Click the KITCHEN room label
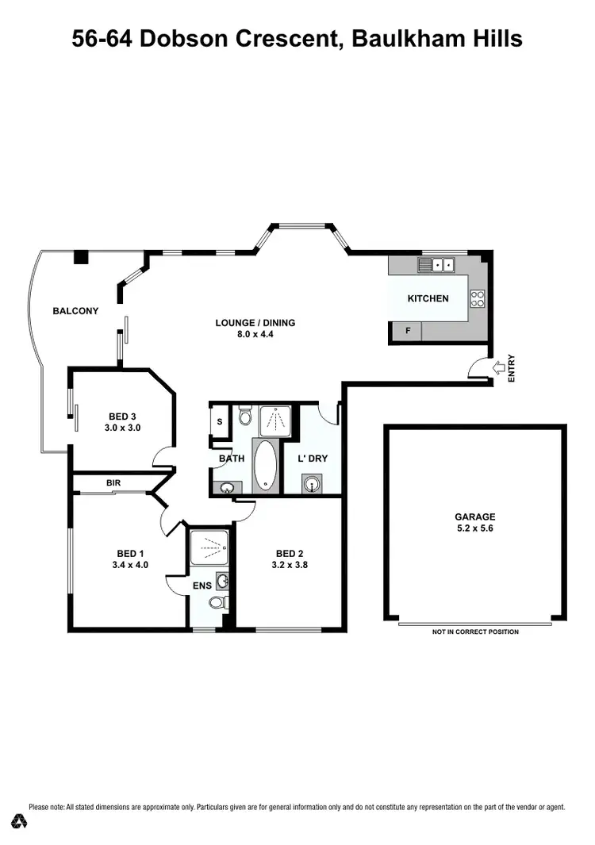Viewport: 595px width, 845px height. [428, 299]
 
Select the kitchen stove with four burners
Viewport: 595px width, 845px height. [478, 298]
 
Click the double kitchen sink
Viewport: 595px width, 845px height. [437, 264]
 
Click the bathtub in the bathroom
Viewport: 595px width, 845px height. [264, 463]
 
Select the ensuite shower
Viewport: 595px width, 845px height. [210, 547]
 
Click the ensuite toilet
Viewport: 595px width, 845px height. [217, 604]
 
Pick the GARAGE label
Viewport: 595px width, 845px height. [475, 516]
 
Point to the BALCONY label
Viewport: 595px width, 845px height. [75, 311]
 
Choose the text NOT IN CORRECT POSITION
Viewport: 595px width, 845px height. [475, 632]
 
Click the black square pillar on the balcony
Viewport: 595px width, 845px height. [80, 258]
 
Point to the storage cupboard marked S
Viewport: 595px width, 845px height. [219, 421]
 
